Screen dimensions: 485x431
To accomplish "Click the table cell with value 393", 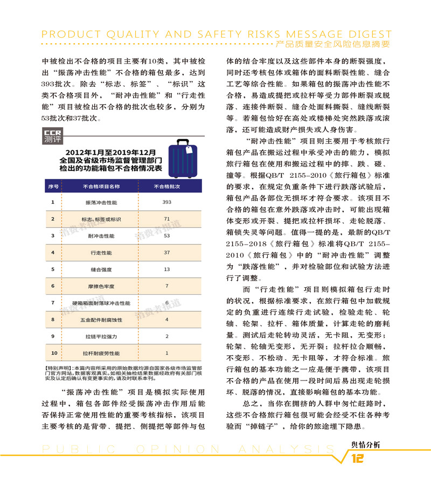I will point(166,202).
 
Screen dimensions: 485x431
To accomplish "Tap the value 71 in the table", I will point(166,219).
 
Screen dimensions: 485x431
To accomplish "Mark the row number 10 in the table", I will point(53,353).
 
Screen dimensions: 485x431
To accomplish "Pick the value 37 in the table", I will point(166,252).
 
